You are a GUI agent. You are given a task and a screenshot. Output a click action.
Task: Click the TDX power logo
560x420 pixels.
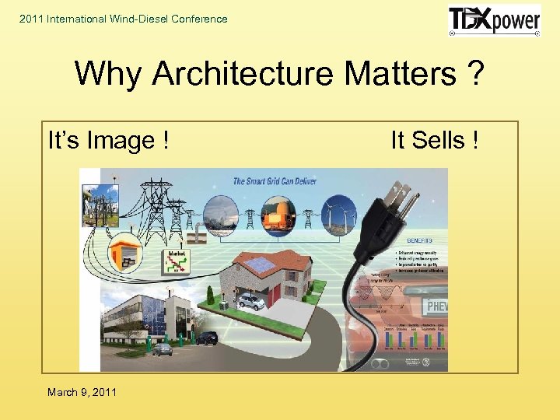494,20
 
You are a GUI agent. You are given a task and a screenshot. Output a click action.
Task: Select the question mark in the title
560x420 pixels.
474,75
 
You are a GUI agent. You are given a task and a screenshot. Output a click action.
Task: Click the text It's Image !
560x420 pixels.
109,141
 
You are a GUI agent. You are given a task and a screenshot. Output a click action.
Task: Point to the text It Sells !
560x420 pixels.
434,141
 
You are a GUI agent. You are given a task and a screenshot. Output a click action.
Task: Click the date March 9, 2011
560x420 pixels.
82,392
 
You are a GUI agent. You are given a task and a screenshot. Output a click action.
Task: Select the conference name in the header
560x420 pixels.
124,19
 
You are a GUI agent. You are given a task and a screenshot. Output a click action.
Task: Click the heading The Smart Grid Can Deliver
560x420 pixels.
275,180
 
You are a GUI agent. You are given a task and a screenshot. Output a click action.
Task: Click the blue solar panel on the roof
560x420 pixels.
262,265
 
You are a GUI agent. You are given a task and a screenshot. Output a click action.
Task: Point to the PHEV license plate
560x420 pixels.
434,305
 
